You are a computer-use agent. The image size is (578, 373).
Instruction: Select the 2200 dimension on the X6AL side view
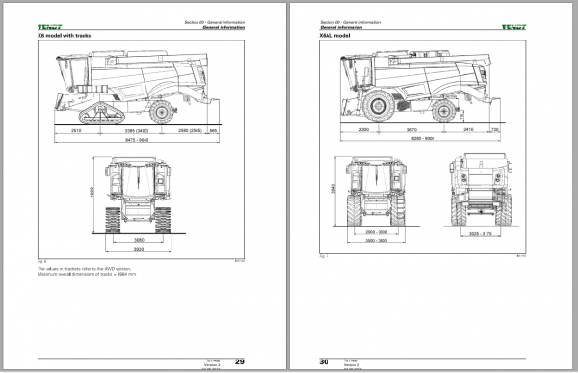tap(364, 128)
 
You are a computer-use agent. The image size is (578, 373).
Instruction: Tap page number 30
tap(324, 361)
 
